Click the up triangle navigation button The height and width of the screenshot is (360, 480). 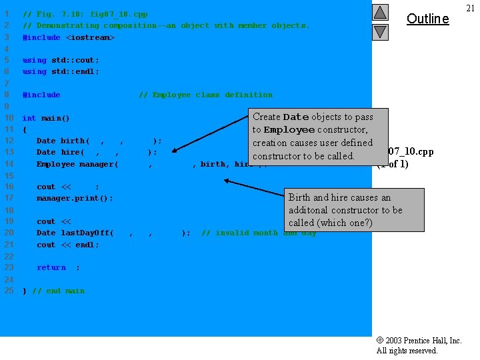coord(380,12)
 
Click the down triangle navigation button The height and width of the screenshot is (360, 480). coord(380,31)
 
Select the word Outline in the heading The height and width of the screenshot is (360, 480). coord(427,19)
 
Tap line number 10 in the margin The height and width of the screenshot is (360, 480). coord(9,118)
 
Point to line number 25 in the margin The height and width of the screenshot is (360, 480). coord(9,291)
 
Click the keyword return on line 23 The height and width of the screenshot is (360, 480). coord(51,267)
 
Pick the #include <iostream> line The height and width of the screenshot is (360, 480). coord(69,37)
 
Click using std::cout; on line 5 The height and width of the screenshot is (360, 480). coord(61,60)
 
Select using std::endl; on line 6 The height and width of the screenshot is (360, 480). coord(61,71)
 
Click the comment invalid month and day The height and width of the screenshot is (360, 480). coord(259,233)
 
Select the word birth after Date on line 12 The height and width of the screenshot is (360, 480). coord(72,141)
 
